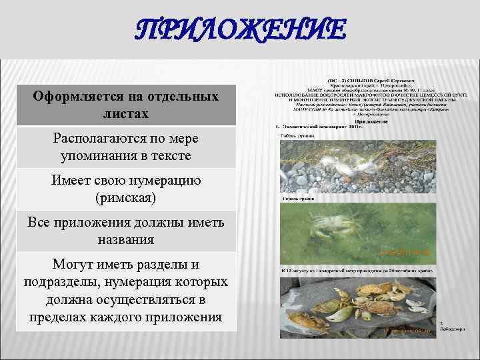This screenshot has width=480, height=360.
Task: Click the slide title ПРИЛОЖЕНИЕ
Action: click(239, 31)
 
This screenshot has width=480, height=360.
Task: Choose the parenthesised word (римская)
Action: click(126, 198)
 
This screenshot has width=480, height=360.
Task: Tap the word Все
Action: click(39, 221)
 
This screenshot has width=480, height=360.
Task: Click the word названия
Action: click(126, 239)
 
